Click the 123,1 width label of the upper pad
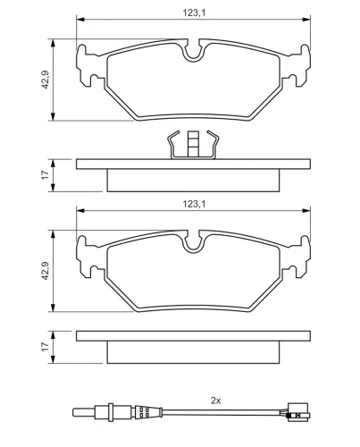pos(194,13)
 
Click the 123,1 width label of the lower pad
pos(194,204)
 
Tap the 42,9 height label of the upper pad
pos(46,80)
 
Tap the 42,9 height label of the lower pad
pos(46,271)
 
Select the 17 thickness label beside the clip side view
pos(45,175)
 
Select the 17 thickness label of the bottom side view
pos(45,347)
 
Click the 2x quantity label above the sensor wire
pos(216,401)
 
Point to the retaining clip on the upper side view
pos(194,144)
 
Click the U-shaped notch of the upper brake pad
pos(194,51)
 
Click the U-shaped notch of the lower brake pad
pos(194,242)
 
